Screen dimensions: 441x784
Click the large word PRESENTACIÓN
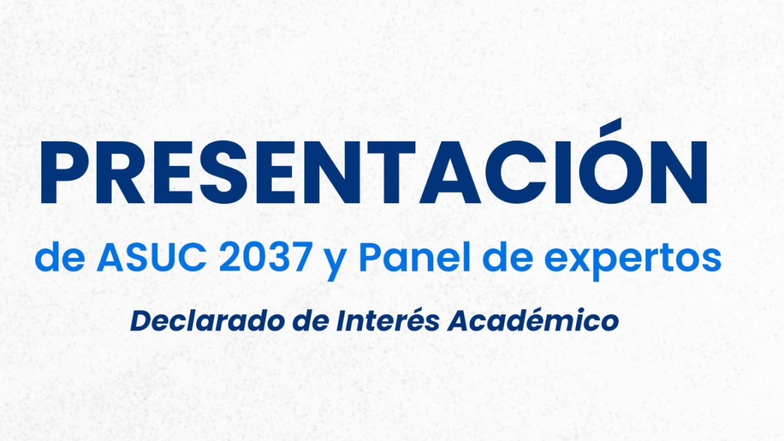click(x=374, y=174)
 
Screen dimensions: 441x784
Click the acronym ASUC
click(x=150, y=259)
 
